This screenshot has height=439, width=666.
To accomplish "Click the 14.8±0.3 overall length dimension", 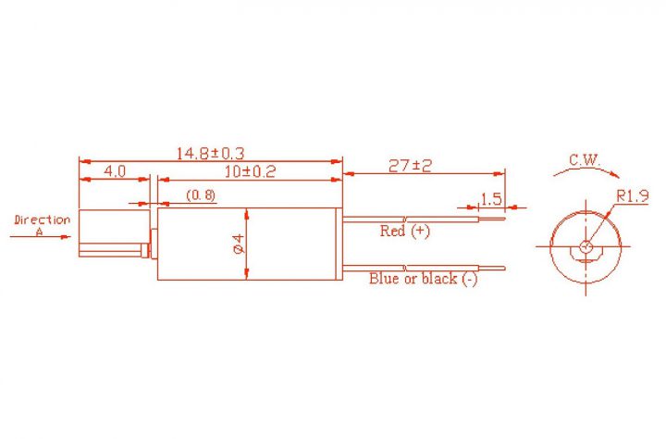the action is tap(210, 153).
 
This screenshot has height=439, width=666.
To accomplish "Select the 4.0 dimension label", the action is tap(115, 171).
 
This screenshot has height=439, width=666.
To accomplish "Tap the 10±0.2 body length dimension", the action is tap(250, 171).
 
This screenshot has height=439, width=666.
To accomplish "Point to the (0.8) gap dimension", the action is tap(201, 195).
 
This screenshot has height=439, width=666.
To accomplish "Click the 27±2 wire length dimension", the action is tap(410, 166).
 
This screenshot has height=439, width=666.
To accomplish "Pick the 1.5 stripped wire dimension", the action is tap(491, 198).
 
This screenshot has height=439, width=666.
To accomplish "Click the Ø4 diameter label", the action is tap(240, 244).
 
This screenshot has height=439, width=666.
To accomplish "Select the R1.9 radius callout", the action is tap(633, 196).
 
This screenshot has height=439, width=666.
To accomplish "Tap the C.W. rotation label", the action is tap(585, 160).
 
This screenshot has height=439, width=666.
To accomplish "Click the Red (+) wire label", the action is tap(405, 231).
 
